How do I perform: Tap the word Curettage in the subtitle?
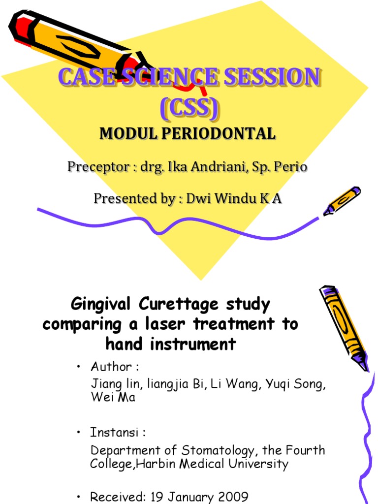click(x=185, y=305)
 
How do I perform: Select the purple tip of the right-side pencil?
click(x=363, y=366)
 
